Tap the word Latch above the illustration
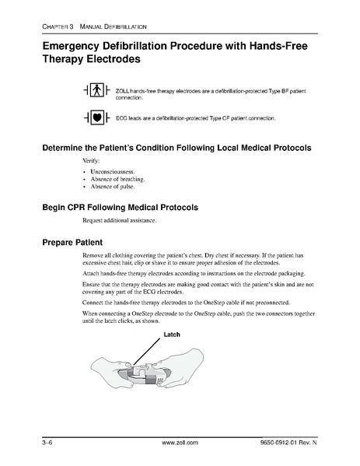[x=172, y=335]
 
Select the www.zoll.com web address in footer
[x=180, y=443]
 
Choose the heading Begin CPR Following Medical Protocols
[x=121, y=208]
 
